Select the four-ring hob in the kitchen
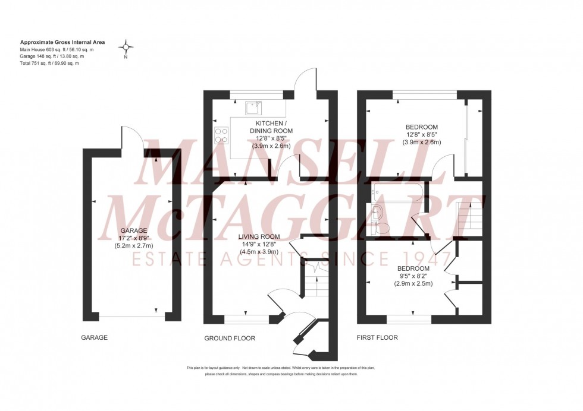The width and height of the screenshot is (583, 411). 222,136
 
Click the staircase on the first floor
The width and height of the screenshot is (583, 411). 468,217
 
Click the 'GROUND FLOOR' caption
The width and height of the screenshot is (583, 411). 230,339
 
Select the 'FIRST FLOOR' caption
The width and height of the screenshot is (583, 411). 377,338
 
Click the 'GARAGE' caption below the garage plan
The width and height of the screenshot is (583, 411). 94,338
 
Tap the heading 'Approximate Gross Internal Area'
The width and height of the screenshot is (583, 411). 62,43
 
